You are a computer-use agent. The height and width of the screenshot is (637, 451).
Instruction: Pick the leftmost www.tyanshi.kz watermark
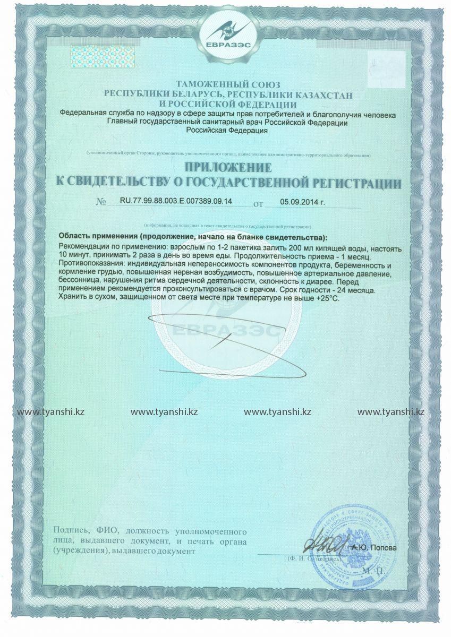51,412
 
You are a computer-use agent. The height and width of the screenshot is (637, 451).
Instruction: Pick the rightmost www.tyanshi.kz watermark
390,412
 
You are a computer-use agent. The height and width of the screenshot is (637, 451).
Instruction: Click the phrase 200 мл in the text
296,248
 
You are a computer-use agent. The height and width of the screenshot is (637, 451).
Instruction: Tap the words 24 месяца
363,290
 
